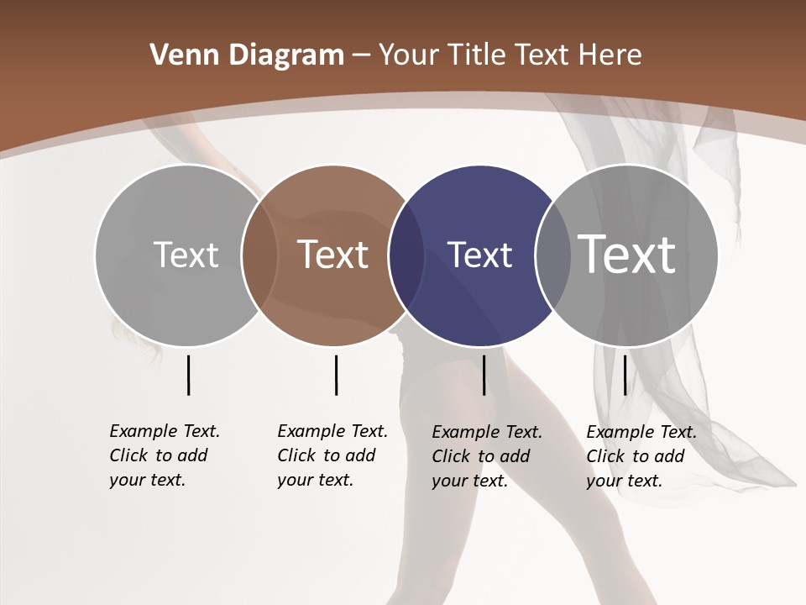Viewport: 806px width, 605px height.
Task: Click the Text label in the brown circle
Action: click(332, 255)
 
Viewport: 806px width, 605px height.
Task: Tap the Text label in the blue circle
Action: click(479, 255)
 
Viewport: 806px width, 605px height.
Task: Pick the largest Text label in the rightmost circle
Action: click(627, 254)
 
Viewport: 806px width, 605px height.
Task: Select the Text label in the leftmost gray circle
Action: click(186, 255)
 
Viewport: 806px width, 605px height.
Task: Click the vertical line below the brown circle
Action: click(336, 375)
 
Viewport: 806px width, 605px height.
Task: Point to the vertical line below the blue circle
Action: click(484, 375)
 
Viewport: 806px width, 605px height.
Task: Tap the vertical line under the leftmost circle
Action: click(188, 375)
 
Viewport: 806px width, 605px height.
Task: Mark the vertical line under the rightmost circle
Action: click(625, 375)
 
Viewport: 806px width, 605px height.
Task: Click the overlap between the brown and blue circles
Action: click(406, 255)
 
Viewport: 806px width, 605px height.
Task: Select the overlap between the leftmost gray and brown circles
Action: click(259, 255)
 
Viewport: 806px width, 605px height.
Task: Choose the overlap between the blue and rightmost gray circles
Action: click(553, 255)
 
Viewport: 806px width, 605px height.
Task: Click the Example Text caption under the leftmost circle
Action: click(165, 455)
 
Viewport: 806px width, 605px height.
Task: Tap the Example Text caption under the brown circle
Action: click(332, 455)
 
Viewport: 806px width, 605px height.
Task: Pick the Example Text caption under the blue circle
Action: click(487, 456)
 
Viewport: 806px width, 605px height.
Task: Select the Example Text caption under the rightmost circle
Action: click(641, 456)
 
